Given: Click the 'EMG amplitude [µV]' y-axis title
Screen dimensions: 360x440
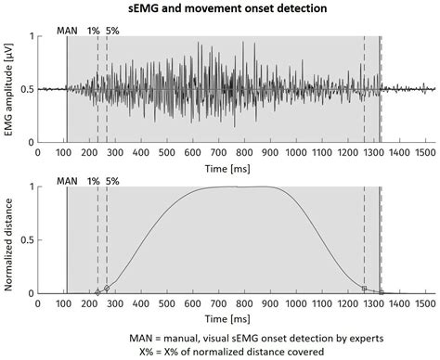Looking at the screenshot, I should (11, 90).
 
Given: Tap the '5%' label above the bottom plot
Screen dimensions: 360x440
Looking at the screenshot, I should (113, 180).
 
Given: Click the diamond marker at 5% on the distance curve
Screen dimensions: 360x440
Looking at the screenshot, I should (107, 289).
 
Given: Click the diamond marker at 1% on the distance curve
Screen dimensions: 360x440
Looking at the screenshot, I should (97, 293).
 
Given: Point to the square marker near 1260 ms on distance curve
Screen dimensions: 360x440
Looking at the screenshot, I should (364, 289).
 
